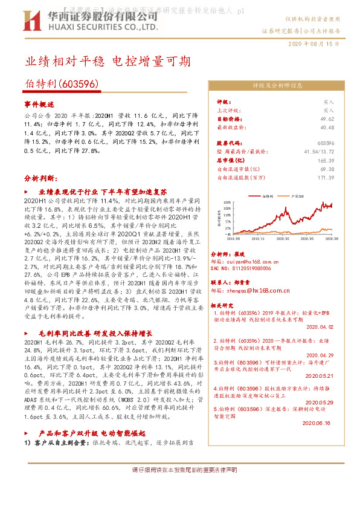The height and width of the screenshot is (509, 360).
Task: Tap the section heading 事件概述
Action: point(39,104)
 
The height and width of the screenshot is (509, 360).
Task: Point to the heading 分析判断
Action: point(41,179)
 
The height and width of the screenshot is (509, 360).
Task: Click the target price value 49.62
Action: point(327,119)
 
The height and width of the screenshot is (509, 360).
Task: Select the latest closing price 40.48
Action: point(327,128)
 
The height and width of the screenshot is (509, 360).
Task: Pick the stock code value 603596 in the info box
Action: point(325,143)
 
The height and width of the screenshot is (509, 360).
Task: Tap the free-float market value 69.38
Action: point(327,169)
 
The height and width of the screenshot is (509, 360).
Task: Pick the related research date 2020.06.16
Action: point(320,424)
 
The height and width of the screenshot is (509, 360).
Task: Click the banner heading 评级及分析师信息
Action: point(273,86)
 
